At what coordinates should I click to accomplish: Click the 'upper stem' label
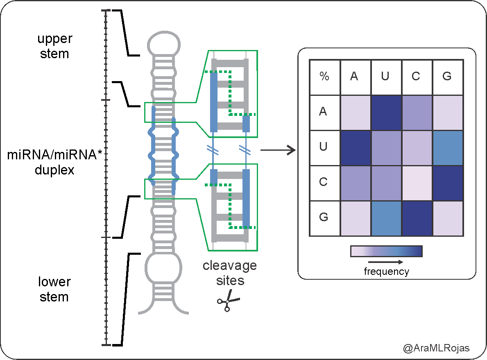(x=54, y=46)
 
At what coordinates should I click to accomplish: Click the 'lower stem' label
(x=54, y=289)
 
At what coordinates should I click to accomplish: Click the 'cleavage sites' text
(x=230, y=273)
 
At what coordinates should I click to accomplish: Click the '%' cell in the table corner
(x=324, y=77)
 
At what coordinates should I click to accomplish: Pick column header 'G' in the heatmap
(x=447, y=77)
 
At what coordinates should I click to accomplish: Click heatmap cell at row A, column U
(x=386, y=113)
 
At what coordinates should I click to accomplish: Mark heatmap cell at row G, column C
(x=417, y=218)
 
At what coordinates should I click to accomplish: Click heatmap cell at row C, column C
(x=417, y=183)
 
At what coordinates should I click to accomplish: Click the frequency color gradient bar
(x=386, y=251)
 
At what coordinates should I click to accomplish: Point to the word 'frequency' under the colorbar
(x=386, y=271)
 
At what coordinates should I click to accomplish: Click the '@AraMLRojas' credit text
(x=436, y=348)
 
